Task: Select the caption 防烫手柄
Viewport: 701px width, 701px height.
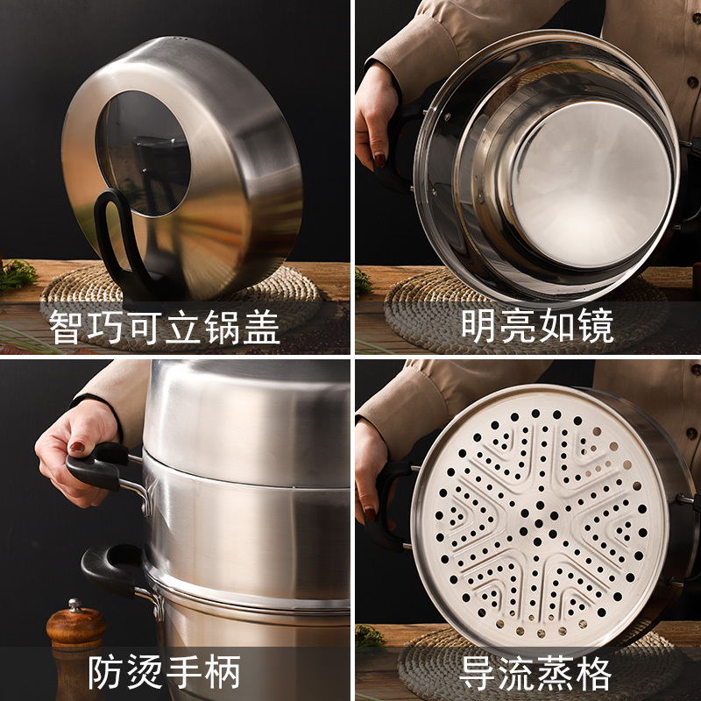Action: tap(164, 674)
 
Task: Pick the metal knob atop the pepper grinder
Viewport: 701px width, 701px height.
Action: tap(75, 605)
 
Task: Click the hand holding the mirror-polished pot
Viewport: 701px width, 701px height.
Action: tap(376, 114)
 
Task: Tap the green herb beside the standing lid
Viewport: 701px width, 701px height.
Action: tap(16, 276)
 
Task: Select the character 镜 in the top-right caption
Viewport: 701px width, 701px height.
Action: tap(595, 326)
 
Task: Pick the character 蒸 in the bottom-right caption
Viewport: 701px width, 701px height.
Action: tap(556, 674)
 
